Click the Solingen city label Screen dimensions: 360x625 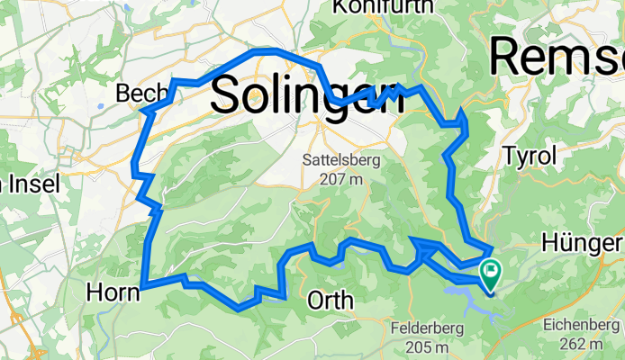coord(307,94)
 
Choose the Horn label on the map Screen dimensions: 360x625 coord(113,292)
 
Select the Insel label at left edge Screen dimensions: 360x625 coord(32,184)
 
